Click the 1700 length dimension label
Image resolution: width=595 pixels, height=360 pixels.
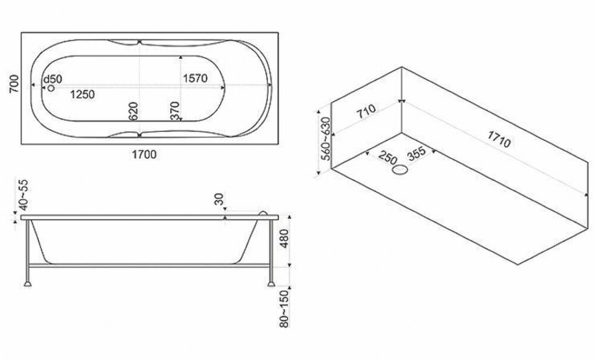click(x=144, y=155)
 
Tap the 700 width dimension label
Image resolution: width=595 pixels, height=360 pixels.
click(x=14, y=84)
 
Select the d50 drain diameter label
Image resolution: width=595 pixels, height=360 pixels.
click(x=52, y=79)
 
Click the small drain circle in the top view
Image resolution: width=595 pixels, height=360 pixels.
click(x=51, y=88)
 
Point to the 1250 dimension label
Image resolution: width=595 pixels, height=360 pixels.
click(x=82, y=94)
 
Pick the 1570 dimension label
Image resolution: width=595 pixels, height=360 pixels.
click(x=195, y=78)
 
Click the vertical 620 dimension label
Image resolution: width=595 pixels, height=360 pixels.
click(x=133, y=111)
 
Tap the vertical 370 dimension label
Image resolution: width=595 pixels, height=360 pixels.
click(x=174, y=111)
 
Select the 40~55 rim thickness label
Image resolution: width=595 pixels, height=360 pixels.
click(x=24, y=195)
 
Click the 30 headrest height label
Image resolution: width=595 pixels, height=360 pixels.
click(x=220, y=199)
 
